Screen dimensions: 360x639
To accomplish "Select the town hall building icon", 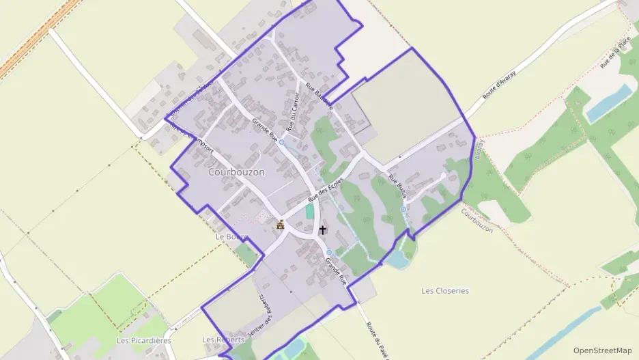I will pyautogui.click(x=280, y=224).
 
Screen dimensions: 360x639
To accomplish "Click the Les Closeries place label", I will pyautogui.click(x=445, y=290).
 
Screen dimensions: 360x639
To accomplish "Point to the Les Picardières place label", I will pyautogui.click(x=143, y=340).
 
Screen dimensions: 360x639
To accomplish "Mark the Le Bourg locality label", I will pyautogui.click(x=230, y=236).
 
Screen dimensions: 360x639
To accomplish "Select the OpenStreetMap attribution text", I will pyautogui.click(x=603, y=350).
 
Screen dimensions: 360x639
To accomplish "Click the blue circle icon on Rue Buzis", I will pyautogui.click(x=403, y=208).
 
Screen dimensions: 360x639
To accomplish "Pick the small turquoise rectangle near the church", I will pyautogui.click(x=310, y=212).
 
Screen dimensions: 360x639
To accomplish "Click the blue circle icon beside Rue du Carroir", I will pyautogui.click(x=281, y=142).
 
